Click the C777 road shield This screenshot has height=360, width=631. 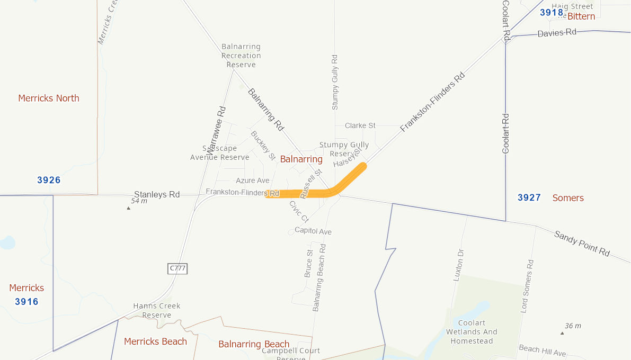(178, 268)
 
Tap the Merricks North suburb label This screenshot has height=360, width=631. (49, 98)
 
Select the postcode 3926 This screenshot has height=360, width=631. (49, 180)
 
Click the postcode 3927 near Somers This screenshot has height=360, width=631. (529, 197)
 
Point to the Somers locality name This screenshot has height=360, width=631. (568, 197)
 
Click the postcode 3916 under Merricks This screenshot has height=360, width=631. (26, 302)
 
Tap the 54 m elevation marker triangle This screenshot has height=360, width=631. (128, 208)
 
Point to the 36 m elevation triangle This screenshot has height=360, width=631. (562, 333)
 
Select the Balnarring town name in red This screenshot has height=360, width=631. (301, 159)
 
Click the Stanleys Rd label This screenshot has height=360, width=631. (157, 194)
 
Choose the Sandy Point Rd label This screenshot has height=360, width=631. (582, 244)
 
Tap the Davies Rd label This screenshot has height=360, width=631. (556, 33)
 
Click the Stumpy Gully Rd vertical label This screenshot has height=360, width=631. (334, 82)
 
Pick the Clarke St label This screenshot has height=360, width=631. (360, 125)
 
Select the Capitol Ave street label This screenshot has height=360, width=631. (313, 231)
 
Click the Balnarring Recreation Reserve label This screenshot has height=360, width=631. (241, 56)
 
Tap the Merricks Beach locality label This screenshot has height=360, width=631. (155, 341)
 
